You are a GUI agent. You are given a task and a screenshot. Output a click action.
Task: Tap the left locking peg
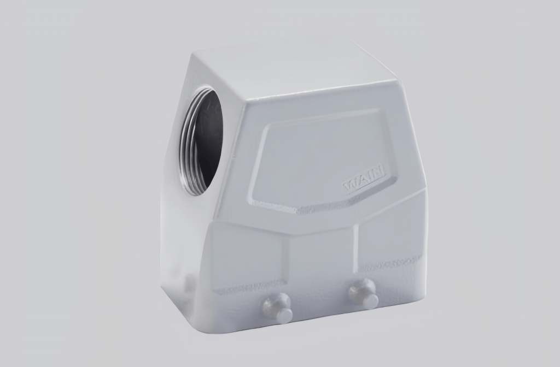[x=278, y=308]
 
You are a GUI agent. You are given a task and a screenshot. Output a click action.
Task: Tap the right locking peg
[x=364, y=293]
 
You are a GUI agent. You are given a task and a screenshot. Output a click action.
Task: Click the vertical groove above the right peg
[x=356, y=248]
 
